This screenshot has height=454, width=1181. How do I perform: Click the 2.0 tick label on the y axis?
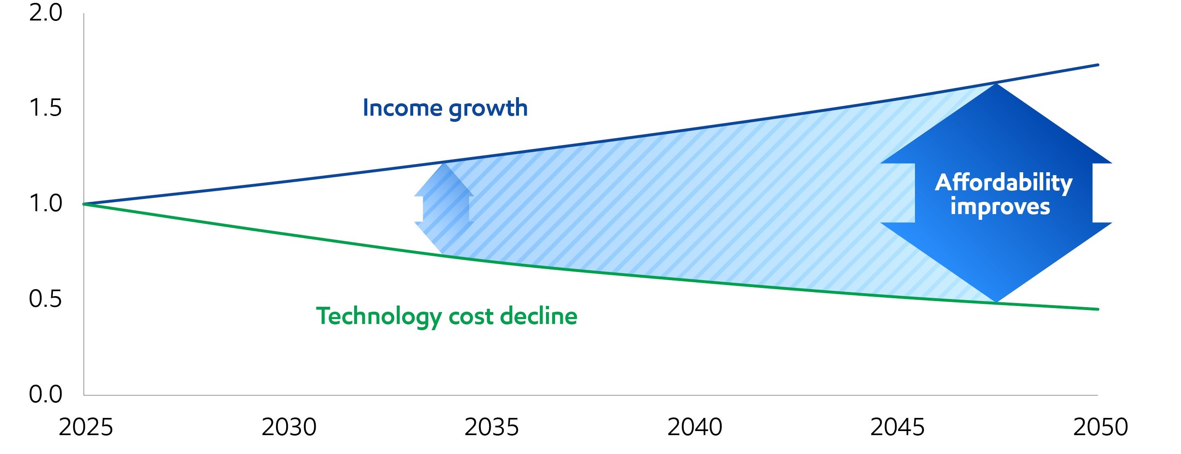(x=46, y=13)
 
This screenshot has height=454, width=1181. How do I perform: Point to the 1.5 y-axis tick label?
(x=46, y=108)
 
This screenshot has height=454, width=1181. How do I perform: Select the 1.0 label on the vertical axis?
(x=46, y=203)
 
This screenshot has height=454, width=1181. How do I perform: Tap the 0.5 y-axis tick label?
(x=46, y=299)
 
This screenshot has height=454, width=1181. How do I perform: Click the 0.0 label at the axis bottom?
(x=46, y=395)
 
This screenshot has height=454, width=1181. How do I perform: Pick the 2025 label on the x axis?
(x=86, y=427)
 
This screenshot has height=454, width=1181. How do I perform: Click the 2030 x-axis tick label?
(x=289, y=427)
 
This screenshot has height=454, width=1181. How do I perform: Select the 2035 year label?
(x=492, y=427)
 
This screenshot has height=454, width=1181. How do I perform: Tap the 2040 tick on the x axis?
(x=694, y=427)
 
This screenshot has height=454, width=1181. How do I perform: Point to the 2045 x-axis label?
(x=897, y=427)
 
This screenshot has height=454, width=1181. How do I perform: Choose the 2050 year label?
(x=1100, y=427)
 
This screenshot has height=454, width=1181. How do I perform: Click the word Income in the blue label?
(x=402, y=108)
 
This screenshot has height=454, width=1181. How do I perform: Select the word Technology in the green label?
(x=379, y=317)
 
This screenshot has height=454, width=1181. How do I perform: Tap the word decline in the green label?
(x=539, y=317)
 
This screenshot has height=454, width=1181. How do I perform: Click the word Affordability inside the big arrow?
(x=1004, y=183)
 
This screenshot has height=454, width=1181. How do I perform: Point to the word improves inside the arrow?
(x=1000, y=207)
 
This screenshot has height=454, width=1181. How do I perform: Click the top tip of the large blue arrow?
(x=996, y=84)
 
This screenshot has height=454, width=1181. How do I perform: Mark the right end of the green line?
(x=1097, y=309)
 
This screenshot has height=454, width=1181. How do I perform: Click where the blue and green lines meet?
(x=84, y=204)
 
